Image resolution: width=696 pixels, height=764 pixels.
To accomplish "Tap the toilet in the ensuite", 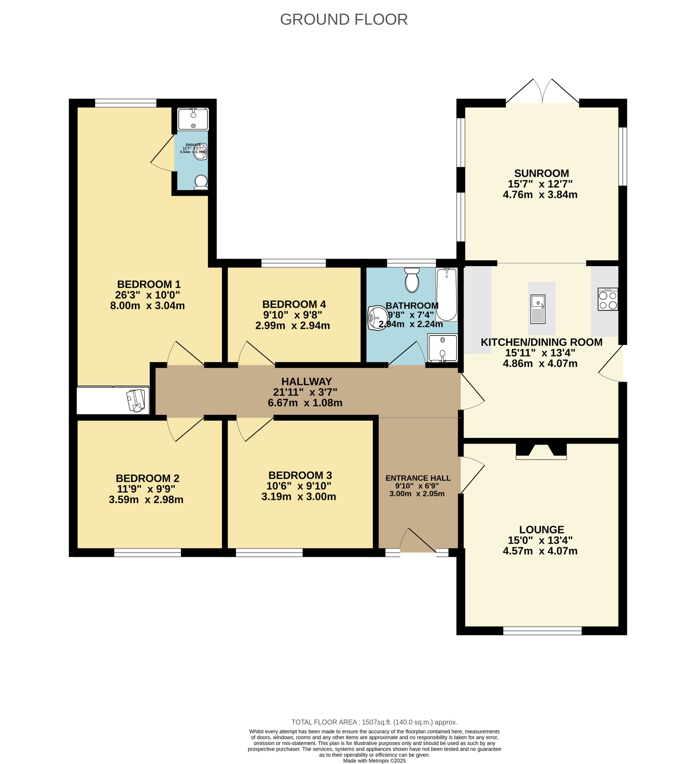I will pyautogui.click(x=201, y=182).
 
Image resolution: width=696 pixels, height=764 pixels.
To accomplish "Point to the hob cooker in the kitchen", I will pyautogui.click(x=607, y=299).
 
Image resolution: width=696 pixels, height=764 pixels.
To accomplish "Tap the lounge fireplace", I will pyautogui.click(x=541, y=451).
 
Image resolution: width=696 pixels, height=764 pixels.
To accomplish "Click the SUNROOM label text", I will pyautogui.click(x=541, y=173).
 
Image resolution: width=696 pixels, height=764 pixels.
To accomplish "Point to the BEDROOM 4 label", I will pyautogui.click(x=294, y=304).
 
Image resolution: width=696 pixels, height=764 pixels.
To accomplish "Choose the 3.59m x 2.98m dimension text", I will pyautogui.click(x=146, y=500).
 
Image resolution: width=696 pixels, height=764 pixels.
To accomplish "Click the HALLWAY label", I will pyautogui.click(x=306, y=382).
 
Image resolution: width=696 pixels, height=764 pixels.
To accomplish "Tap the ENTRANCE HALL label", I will pyautogui.click(x=418, y=478).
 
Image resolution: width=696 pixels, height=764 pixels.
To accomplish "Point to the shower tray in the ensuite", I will pyautogui.click(x=193, y=119).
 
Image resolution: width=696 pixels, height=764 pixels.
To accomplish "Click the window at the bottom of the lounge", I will pyautogui.click(x=542, y=631).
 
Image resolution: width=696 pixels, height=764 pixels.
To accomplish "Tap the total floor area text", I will pyautogui.click(x=374, y=722).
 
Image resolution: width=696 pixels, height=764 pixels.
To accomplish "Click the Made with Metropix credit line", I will pyautogui.click(x=374, y=761).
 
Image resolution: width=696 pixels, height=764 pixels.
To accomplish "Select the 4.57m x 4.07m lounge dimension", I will pyautogui.click(x=540, y=551).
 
